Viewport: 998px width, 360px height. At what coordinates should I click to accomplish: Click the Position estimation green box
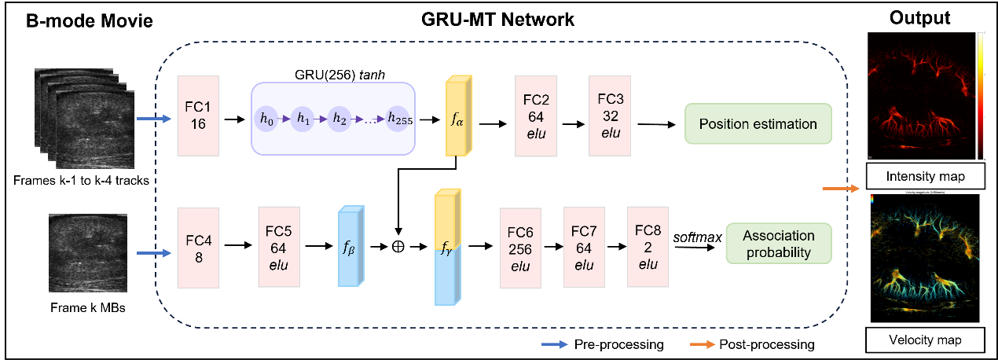pos(758,123)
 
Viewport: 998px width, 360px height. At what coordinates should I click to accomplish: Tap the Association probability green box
pos(779,244)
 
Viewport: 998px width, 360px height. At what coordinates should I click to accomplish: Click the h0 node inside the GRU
pos(270,119)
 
